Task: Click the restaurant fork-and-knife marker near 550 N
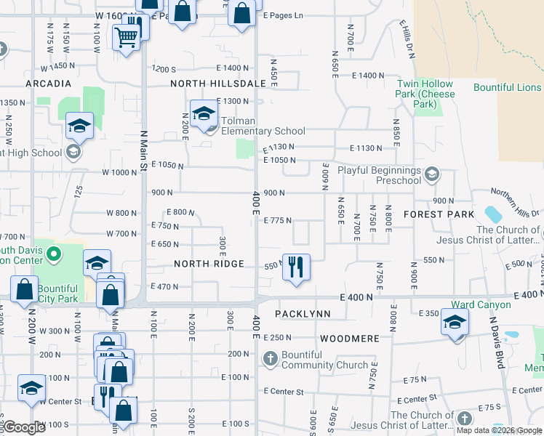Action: tap(296, 267)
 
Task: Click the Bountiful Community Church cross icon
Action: tap(270, 358)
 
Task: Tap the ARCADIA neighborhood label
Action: tap(49, 84)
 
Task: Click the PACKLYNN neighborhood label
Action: tap(303, 314)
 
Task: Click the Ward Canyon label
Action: tap(481, 305)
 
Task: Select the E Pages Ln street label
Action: tap(283, 15)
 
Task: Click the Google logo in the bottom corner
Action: tap(24, 427)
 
